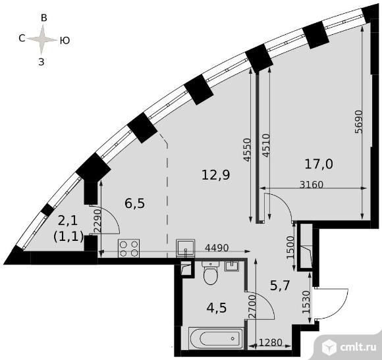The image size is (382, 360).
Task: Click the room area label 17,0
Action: click(x=318, y=163)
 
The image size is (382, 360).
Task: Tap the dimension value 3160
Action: click(x=312, y=185)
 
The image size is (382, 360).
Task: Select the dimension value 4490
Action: click(x=217, y=249)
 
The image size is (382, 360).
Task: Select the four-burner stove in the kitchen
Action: click(x=128, y=249)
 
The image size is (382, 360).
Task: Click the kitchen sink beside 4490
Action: click(x=185, y=247)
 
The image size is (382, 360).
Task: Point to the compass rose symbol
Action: click(x=43, y=40)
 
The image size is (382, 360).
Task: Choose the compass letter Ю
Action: click(x=65, y=40)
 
